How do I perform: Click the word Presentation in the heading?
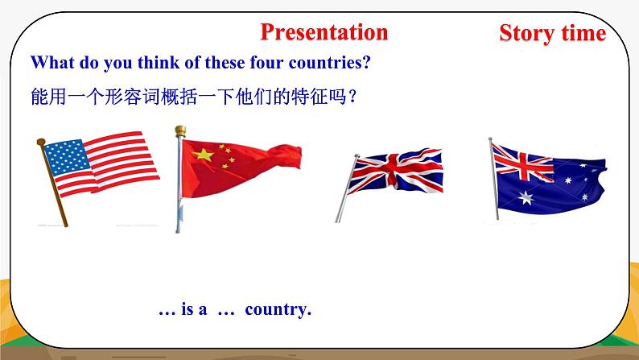pos(324,32)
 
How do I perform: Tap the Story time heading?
pos(551,33)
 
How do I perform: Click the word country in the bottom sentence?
pos(278,309)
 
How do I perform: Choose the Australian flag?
pos(547,177)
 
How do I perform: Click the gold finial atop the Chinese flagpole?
pos(180,130)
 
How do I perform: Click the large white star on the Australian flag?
pos(527,197)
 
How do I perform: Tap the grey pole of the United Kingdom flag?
pos(344,193)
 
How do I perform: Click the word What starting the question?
pos(50,62)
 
